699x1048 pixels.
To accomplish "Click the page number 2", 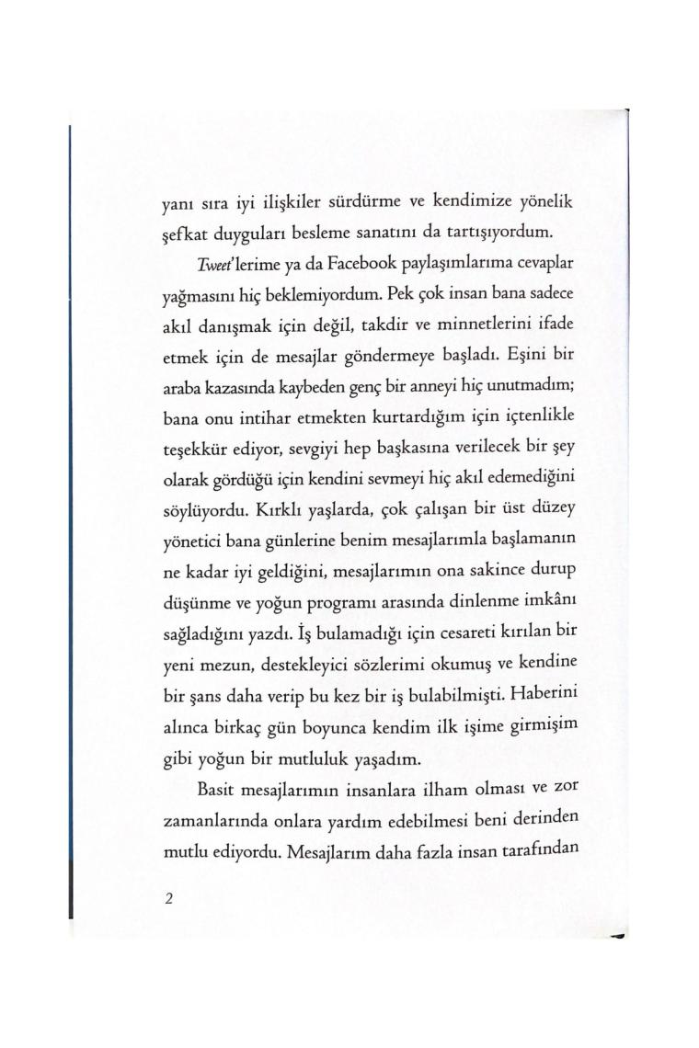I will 168,898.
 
